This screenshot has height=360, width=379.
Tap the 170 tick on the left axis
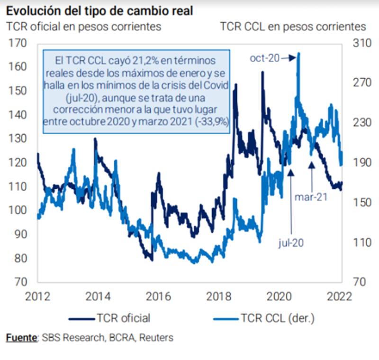[18, 43]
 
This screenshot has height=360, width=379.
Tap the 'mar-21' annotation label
[311, 197]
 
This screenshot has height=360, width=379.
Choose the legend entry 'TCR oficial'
[124, 318]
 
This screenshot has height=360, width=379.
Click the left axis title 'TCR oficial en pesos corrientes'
[84, 27]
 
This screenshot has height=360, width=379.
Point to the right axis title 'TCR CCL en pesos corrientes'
[293, 27]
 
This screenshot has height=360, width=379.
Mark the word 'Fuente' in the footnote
[21, 338]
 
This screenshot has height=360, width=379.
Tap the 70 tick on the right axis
[358, 282]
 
